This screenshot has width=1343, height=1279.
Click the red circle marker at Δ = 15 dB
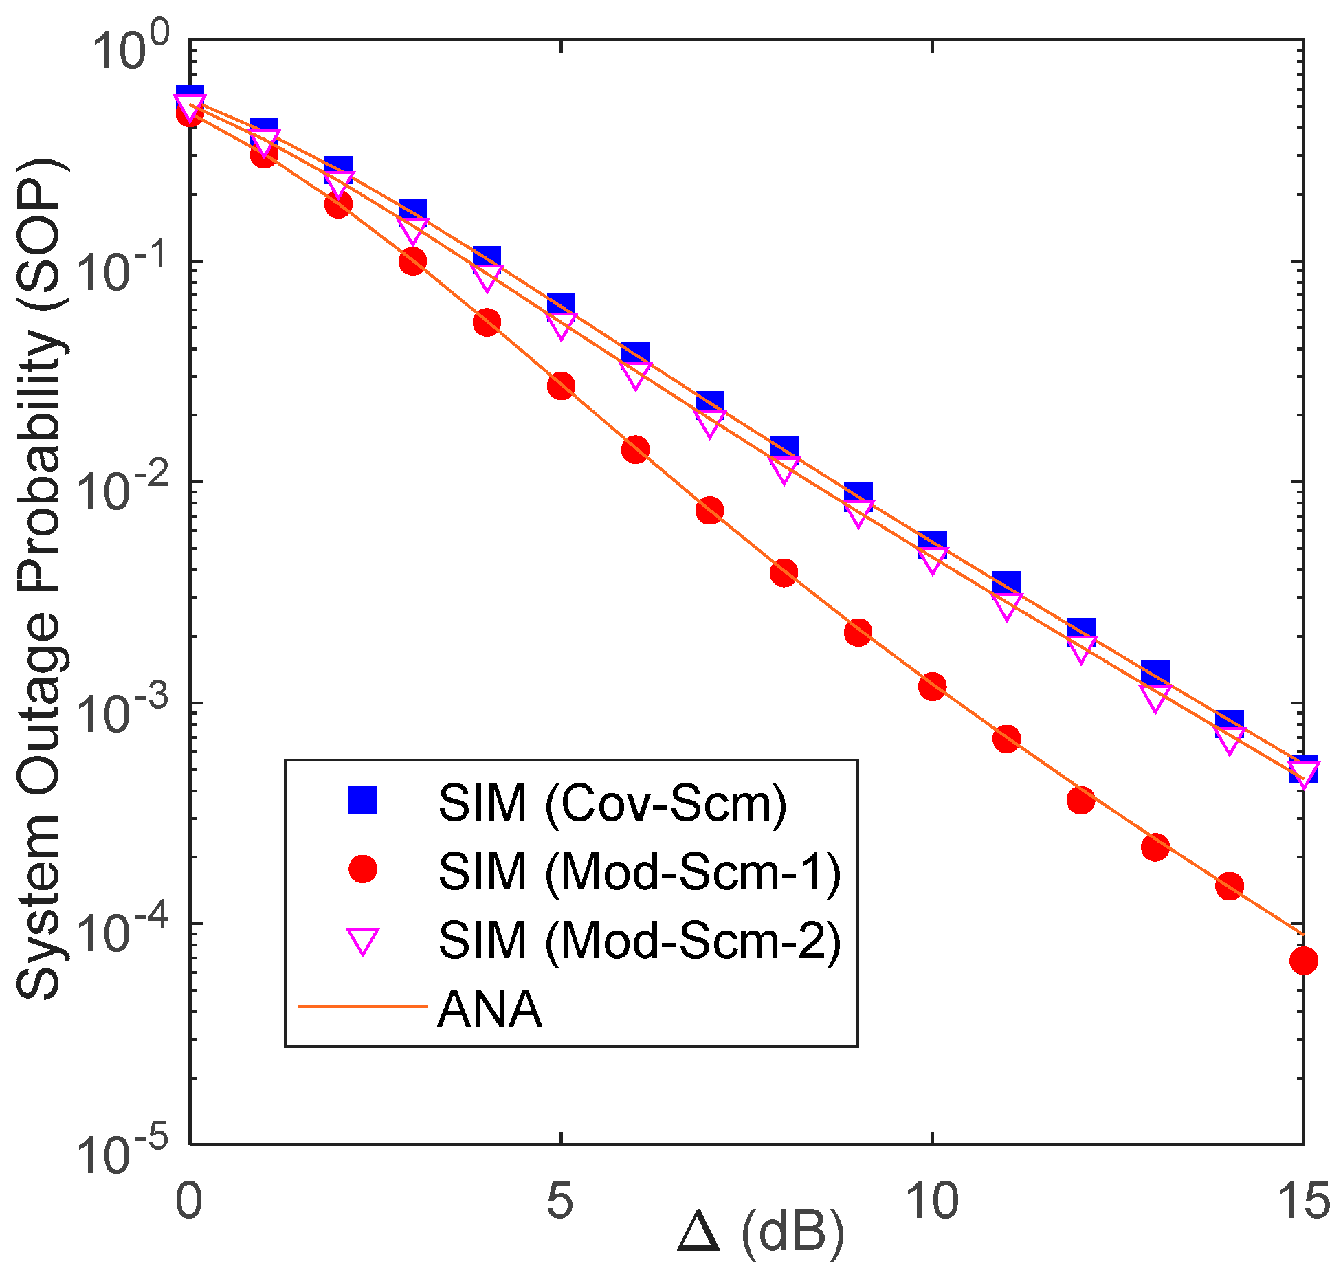coord(1303,960)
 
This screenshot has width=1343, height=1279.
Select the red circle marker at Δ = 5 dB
coord(561,386)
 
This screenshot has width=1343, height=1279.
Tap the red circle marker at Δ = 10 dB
coord(932,686)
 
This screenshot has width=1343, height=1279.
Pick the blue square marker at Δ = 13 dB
coord(1155,674)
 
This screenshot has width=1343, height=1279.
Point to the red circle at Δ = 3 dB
coord(412,260)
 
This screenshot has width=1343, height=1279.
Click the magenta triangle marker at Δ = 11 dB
coord(1006,605)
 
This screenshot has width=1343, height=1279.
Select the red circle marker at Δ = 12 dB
coord(1080,800)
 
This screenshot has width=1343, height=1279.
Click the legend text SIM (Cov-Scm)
coord(612,802)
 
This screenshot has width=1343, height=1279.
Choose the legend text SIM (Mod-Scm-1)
coord(639,871)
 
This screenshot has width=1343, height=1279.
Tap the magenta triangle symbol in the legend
coord(363,940)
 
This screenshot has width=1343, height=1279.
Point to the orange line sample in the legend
coord(363,1008)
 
